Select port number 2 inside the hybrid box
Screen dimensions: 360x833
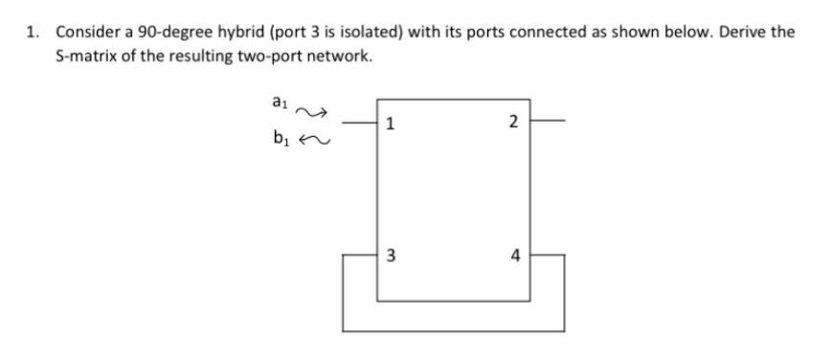click(514, 122)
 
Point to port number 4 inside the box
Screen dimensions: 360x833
click(515, 256)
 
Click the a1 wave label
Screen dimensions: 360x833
click(280, 101)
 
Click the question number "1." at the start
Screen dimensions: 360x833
click(34, 32)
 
